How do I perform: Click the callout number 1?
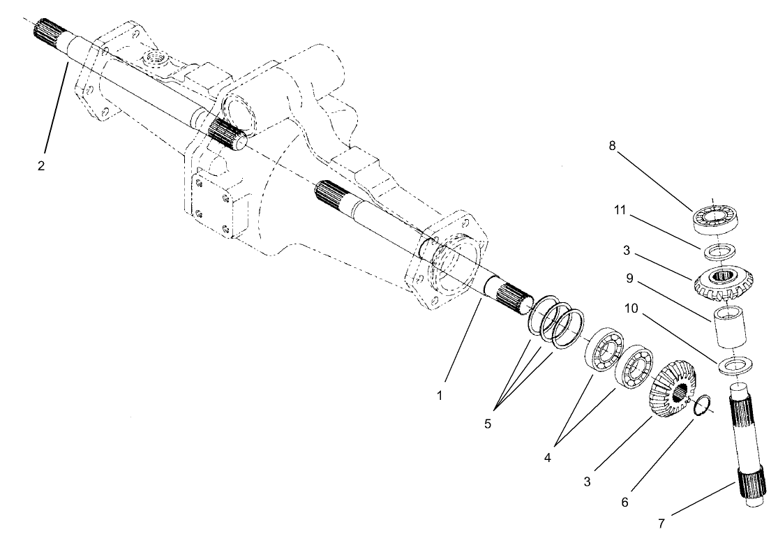click(x=440, y=395)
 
